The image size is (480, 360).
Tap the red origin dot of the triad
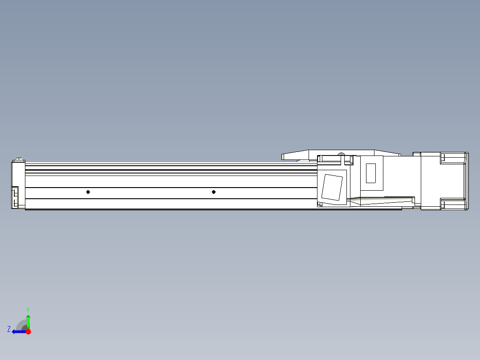click(28, 331)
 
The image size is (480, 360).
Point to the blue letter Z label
click(9, 329)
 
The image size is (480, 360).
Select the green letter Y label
click(28, 309)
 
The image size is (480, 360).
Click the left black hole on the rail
click(88, 192)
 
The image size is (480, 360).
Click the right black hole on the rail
click(214, 192)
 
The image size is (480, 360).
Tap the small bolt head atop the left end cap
click(19, 159)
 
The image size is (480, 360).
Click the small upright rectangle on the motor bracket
click(370, 173)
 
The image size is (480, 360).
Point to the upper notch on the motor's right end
click(443, 157)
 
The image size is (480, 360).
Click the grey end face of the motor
click(467, 181)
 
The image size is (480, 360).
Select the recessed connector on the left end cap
click(15, 197)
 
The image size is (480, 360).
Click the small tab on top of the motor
click(416, 154)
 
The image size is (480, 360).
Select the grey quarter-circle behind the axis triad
click(21, 325)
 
